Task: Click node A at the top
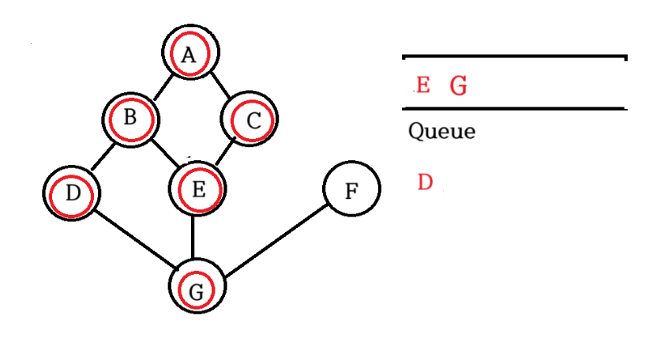pyautogui.click(x=189, y=54)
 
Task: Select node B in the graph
pyautogui.click(x=131, y=118)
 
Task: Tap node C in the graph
pyautogui.click(x=252, y=120)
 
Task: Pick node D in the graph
pyautogui.click(x=73, y=192)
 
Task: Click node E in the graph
pyautogui.click(x=197, y=189)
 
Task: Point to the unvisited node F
pyautogui.click(x=352, y=189)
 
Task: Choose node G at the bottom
pyautogui.click(x=197, y=287)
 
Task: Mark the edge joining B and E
pyautogui.click(x=164, y=152)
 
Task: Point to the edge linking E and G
pyautogui.click(x=195, y=237)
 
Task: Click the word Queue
pyautogui.click(x=441, y=131)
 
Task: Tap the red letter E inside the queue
pyautogui.click(x=422, y=85)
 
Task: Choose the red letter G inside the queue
pyautogui.click(x=458, y=86)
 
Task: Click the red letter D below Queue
pyautogui.click(x=425, y=182)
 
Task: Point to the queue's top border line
pyautogui.click(x=513, y=57)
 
